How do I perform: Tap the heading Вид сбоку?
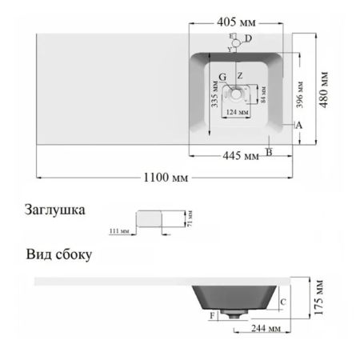coord(57,256)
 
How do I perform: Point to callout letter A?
coord(298,125)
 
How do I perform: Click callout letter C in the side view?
coord(284,302)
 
